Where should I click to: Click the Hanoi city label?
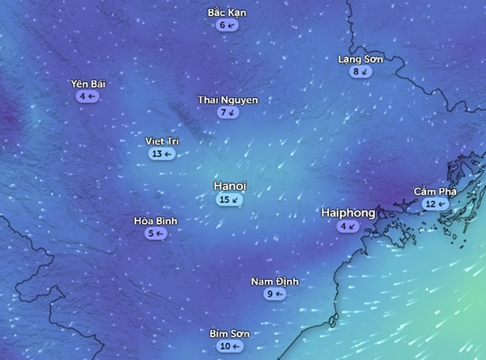229,186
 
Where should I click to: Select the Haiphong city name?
348,212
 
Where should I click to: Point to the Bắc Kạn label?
227,13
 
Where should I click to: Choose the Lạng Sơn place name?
360,59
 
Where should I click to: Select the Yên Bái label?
88,84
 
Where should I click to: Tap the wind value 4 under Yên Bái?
87,96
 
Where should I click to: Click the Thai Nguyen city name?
228,100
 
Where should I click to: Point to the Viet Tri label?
162,140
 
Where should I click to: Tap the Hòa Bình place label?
156,221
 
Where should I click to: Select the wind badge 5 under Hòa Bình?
156,234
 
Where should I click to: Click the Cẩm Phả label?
435,191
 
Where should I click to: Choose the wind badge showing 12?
435,204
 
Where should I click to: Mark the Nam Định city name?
275,281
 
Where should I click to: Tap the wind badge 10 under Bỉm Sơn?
228,346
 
